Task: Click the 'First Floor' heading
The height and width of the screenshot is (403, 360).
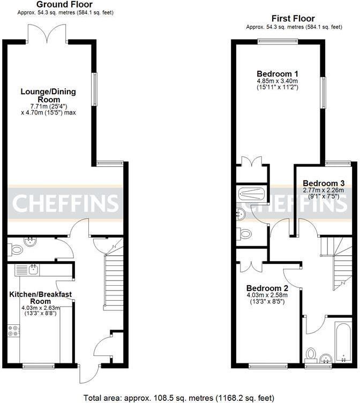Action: pos(293,19)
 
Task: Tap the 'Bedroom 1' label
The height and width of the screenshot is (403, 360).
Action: pos(277,74)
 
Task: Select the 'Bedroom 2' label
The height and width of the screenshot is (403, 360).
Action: pos(266,288)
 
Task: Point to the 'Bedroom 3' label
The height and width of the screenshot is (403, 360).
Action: pos(324,183)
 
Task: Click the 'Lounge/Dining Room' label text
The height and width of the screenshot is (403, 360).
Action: pos(48,95)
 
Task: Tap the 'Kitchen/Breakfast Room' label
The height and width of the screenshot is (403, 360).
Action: pos(40,298)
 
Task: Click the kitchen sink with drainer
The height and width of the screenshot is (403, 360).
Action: pos(27,269)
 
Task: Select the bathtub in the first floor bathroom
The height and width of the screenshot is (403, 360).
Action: pos(341,343)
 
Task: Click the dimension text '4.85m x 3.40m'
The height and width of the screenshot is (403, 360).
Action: pos(277,81)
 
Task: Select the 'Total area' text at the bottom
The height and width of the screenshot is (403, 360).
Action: pos(179,398)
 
